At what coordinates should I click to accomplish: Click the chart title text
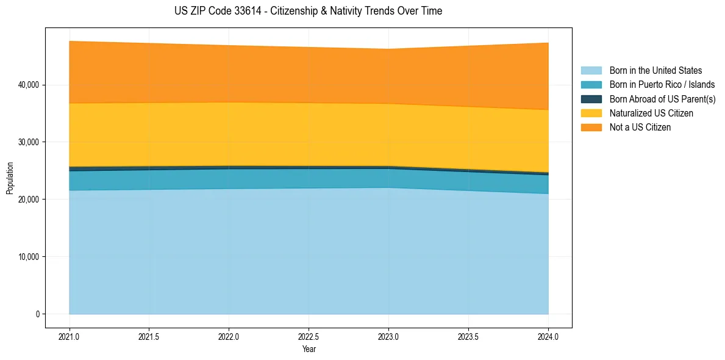pos(308,11)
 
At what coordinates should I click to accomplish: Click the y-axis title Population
pos(10,178)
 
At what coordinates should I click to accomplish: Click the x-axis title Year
pos(309,349)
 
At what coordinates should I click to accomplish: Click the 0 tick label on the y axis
pos(37,314)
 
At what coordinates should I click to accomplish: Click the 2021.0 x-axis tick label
pos(70,336)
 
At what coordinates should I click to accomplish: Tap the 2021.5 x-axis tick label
pos(149,336)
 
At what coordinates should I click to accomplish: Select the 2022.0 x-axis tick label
pos(229,336)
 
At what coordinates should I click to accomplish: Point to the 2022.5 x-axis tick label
pos(309,336)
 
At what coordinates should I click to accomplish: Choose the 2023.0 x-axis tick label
pos(388,336)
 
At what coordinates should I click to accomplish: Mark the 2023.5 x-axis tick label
pos(468,336)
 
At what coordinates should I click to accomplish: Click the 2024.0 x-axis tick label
pos(548,336)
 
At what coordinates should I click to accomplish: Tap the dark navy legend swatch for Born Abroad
pos(591,99)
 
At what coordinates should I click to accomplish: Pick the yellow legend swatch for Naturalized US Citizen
pos(591,113)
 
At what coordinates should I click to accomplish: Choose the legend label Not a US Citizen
pos(640,127)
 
